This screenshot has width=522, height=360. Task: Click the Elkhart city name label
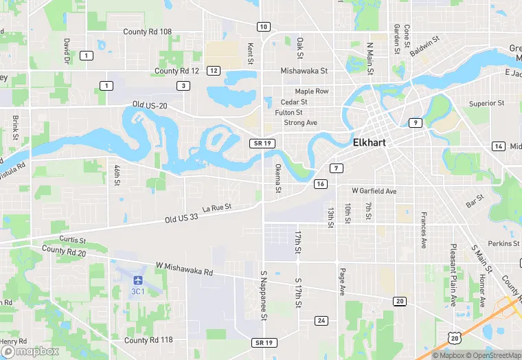click(x=370, y=144)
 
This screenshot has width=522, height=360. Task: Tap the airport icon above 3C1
click(x=138, y=280)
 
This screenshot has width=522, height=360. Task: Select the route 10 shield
click(x=264, y=27)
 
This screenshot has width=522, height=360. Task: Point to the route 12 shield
click(x=214, y=71)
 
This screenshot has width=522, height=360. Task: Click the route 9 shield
click(x=415, y=122)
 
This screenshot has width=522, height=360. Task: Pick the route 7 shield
click(x=336, y=168)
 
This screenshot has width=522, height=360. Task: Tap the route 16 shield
click(x=321, y=184)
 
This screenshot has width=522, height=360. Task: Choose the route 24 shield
click(x=321, y=321)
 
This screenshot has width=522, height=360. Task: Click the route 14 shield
click(x=498, y=146)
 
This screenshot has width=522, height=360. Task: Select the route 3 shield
click(x=183, y=85)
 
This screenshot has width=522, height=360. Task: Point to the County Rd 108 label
click(x=148, y=32)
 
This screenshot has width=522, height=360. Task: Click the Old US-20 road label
click(x=150, y=105)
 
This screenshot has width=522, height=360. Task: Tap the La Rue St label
click(x=217, y=207)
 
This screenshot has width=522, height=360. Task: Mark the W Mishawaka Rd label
click(x=184, y=268)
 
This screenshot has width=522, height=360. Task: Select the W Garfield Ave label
click(x=374, y=190)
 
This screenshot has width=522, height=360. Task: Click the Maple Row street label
click(x=312, y=91)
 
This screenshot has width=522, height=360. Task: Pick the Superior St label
click(x=486, y=103)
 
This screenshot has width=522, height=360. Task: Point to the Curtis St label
click(x=72, y=240)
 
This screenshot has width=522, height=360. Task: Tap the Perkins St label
click(x=504, y=243)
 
